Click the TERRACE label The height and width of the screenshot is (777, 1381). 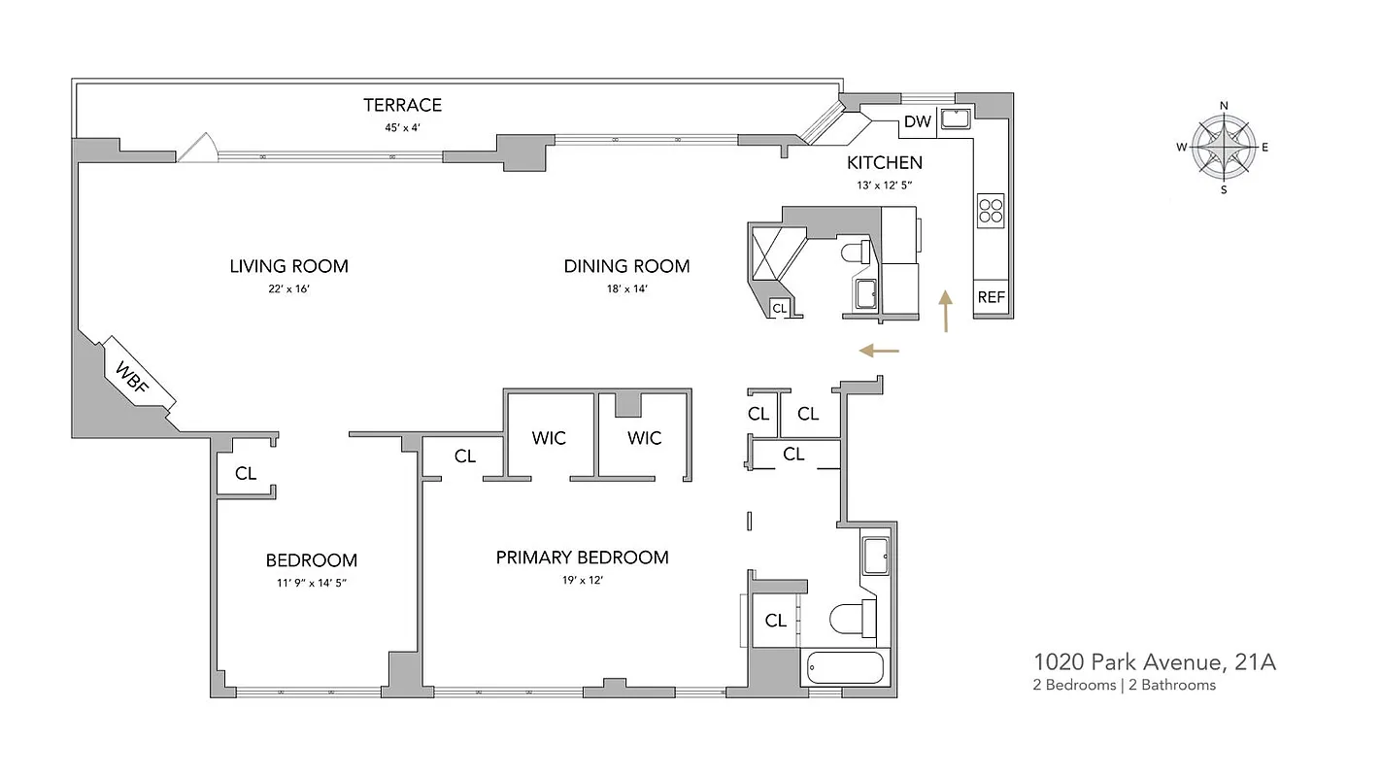coord(402,105)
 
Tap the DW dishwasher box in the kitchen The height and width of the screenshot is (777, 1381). coord(918,121)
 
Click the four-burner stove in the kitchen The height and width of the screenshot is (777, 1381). coord(990,211)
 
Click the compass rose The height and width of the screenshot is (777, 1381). coord(1224,148)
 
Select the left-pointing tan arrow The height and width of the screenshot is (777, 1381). coord(880,350)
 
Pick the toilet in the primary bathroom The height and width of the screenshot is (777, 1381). coord(851,618)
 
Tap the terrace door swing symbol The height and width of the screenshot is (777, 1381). coord(199,148)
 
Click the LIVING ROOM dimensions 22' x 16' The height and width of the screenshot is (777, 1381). coord(288,288)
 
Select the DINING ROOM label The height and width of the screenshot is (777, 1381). coord(626,266)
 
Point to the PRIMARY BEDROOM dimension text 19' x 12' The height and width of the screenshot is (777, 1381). coord(583,580)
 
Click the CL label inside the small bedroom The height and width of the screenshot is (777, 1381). coord(246,473)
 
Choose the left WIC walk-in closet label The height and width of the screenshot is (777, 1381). coord(549,438)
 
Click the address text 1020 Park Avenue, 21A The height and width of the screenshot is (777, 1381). coord(1154,662)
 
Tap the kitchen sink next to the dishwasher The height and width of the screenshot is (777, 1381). coord(956,120)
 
